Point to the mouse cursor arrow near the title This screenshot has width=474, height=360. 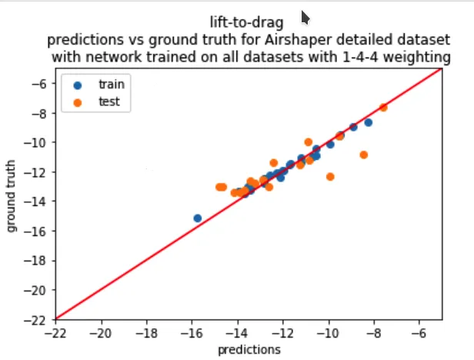point(305,16)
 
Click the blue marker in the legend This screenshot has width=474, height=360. point(77,84)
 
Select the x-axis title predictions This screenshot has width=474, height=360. point(249,348)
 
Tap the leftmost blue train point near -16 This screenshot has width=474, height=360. point(198,218)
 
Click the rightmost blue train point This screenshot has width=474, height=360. point(369,122)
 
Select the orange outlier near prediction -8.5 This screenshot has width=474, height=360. point(363,155)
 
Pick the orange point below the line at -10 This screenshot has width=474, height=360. point(330,176)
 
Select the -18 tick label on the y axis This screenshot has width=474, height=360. point(36,261)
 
